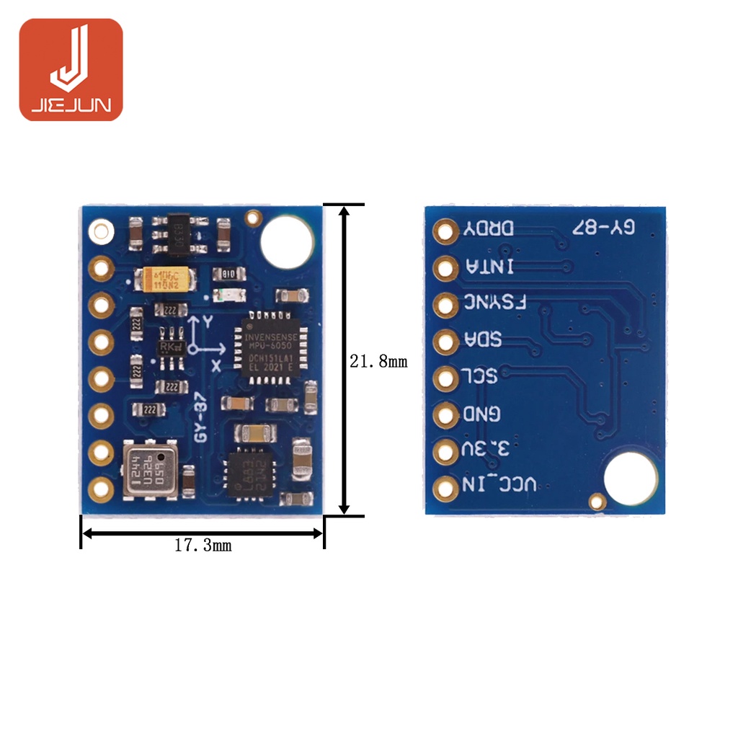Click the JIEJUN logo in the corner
pos(71,69)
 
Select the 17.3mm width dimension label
pos(203,546)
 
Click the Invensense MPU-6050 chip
pos(270,342)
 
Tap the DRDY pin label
pos(489,228)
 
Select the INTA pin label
pos(490,266)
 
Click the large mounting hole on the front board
pos(287,240)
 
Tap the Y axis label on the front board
pos(208,322)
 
